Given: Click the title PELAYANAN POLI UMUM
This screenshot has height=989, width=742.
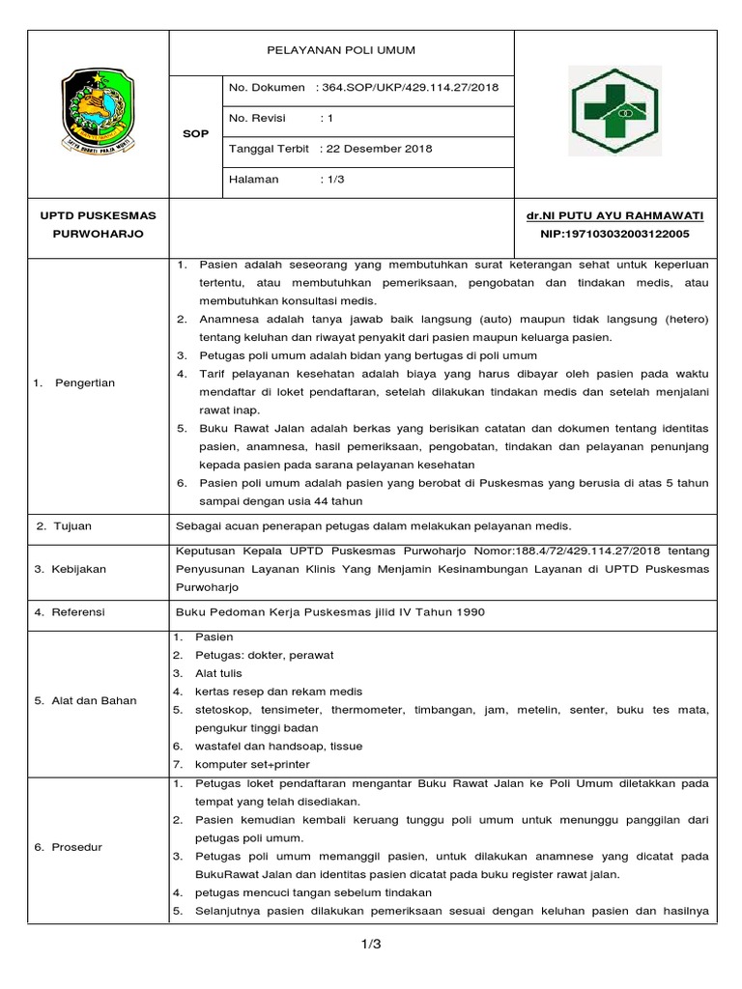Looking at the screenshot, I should click(x=342, y=51).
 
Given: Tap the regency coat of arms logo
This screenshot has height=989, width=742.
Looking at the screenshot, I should click(x=100, y=112).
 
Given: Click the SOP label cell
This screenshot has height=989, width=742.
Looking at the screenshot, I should click(x=195, y=134).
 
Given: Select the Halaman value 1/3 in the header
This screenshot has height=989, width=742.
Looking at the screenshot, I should click(x=332, y=180).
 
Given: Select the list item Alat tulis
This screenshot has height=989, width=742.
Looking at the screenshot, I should click(x=218, y=672).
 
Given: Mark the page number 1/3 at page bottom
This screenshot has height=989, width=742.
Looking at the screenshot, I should click(x=371, y=945).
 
